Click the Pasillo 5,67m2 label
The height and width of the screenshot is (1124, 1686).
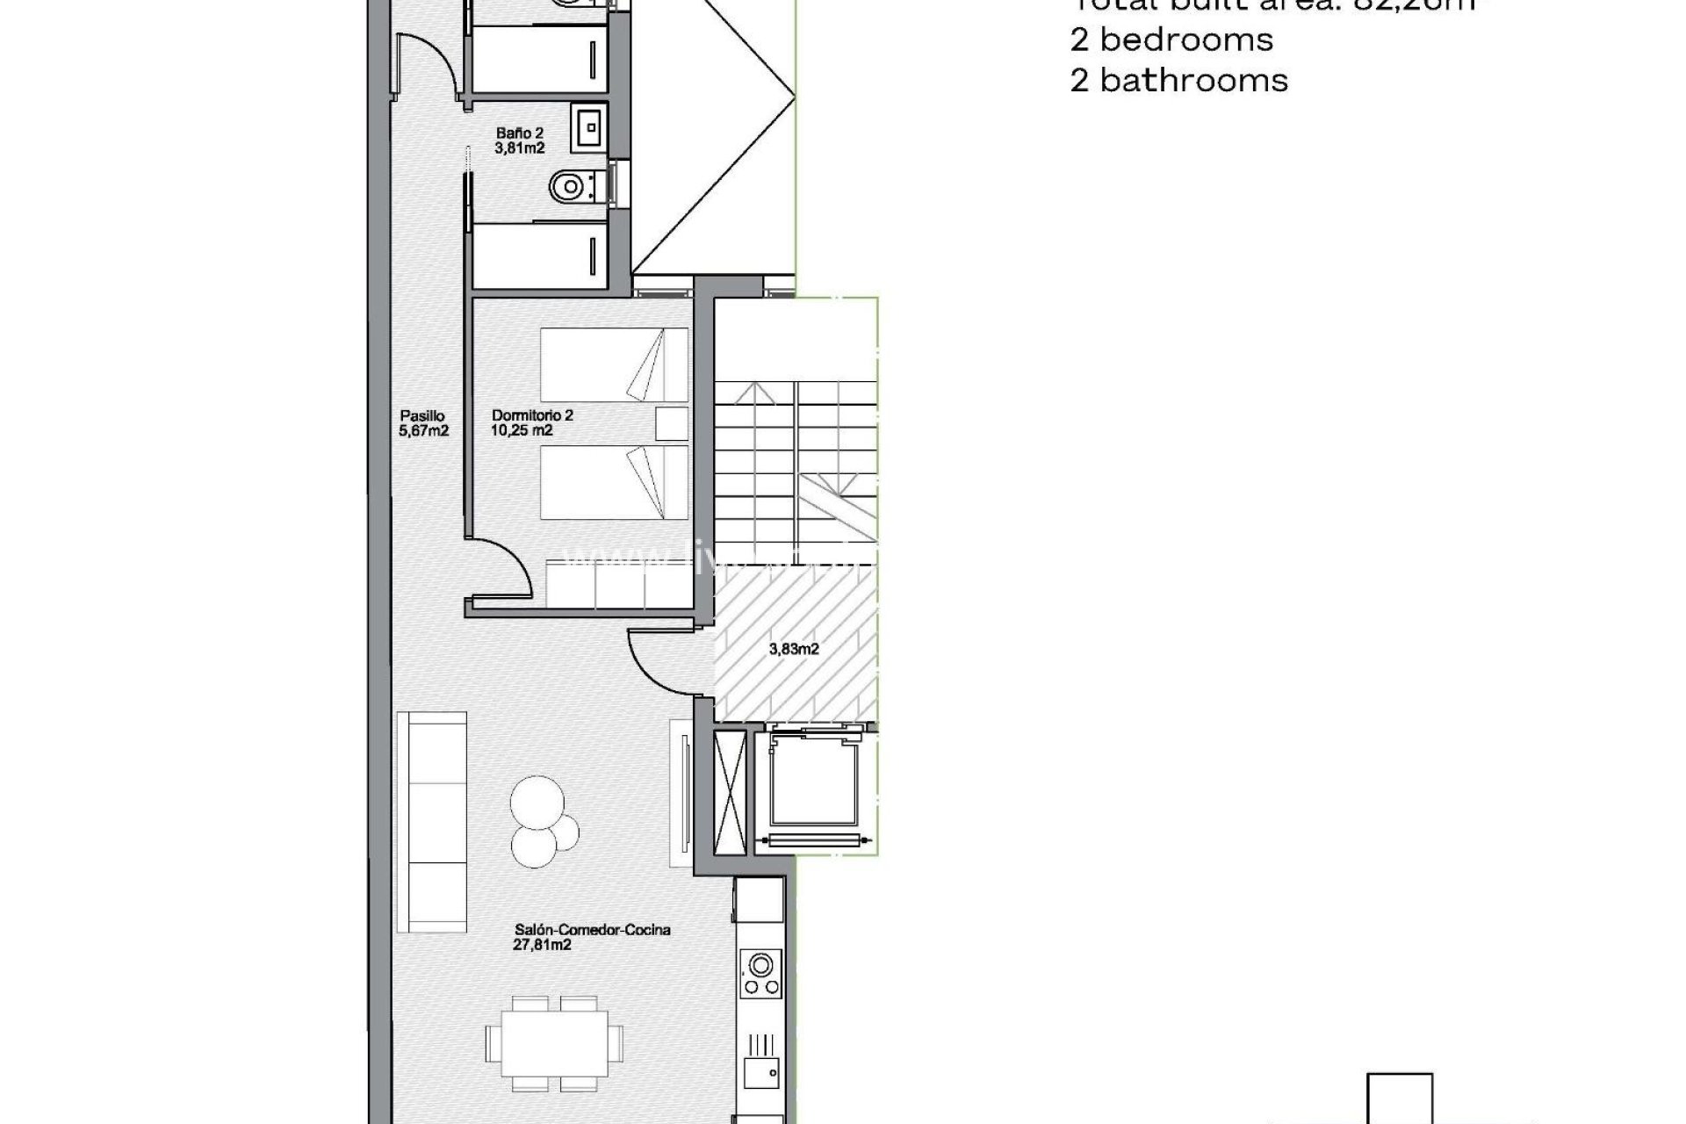tap(423, 423)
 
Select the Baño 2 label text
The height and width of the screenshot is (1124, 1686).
tap(519, 140)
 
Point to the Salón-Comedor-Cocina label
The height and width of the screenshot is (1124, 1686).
tap(592, 937)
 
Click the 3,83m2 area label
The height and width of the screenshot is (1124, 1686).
tap(794, 649)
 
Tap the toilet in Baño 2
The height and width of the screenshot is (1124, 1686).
tap(568, 186)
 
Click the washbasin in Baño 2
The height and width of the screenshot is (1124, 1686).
tap(587, 126)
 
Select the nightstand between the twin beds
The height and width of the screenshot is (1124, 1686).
tap(673, 423)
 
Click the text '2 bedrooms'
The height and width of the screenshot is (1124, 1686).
tap(1171, 40)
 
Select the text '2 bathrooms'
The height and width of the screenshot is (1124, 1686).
tap(1178, 81)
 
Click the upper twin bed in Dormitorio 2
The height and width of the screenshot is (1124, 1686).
tap(613, 364)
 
